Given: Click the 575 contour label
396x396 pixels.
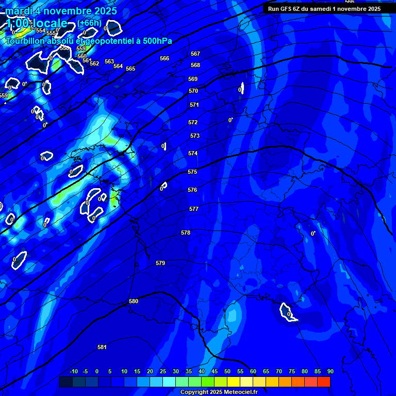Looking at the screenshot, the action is pyautogui.click(x=192, y=172).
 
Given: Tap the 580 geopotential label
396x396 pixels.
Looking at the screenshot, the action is pyautogui.click(x=134, y=301).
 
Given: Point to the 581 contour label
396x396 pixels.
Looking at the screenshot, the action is pyautogui.click(x=102, y=347).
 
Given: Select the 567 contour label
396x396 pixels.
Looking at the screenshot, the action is pyautogui.click(x=195, y=54).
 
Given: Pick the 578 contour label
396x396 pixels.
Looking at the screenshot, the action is pyautogui.click(x=186, y=233).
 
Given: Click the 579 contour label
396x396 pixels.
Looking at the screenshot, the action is pyautogui.click(x=160, y=263).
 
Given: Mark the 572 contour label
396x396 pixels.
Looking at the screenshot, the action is pyautogui.click(x=193, y=122).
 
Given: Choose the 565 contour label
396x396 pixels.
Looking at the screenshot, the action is pyautogui.click(x=130, y=69).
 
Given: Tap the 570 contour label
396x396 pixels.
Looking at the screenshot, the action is pyautogui.click(x=193, y=91).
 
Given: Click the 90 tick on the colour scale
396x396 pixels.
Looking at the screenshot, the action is pyautogui.click(x=330, y=371).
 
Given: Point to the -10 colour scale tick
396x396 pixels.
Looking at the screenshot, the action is pyautogui.click(x=73, y=371).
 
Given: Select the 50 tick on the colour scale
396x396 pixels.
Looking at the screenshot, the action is pyautogui.click(x=227, y=371).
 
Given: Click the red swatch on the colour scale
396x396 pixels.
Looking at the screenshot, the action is pyautogui.click(x=323, y=382).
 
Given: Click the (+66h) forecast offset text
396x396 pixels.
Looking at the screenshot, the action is pyautogui.click(x=89, y=23).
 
